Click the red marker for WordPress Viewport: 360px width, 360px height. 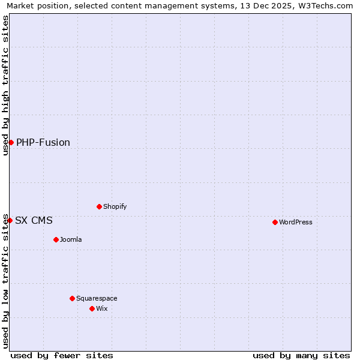(275, 222)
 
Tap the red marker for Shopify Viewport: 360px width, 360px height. (99, 206)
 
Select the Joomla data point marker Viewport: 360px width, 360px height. (56, 239)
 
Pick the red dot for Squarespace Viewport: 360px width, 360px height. (72, 298)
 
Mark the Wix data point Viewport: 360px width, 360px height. (92, 308)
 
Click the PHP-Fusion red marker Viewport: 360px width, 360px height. (11, 142)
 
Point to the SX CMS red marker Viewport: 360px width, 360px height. (10, 220)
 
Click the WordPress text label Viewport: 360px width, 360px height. (296, 222)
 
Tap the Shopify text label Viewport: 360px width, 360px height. (115, 206)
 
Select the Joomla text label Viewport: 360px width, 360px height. (71, 239)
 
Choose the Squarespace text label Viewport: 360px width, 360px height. (97, 298)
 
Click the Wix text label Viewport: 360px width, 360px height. (102, 308)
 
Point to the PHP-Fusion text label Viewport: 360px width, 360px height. (43, 142)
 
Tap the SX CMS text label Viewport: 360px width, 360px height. (34, 220)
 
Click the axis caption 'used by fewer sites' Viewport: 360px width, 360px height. (62, 355)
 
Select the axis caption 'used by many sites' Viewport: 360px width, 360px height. (301, 355)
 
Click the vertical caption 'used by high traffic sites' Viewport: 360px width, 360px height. (5, 85)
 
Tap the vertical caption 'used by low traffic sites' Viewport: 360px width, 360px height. (5, 281)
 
